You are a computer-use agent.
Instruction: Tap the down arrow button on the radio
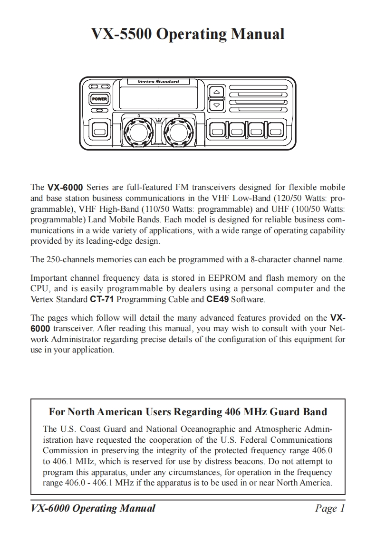click(216, 105)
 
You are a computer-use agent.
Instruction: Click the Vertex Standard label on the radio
click(158, 82)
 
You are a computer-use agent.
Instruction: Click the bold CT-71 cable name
click(102, 299)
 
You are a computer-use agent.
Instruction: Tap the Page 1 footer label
click(329, 508)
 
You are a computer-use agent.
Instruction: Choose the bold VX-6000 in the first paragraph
click(66, 187)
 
